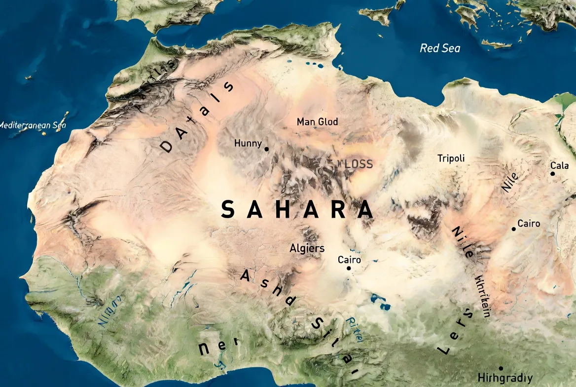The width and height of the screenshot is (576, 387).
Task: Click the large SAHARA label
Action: pyautogui.click(x=297, y=210)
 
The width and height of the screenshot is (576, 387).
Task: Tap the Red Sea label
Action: pyautogui.click(x=440, y=48)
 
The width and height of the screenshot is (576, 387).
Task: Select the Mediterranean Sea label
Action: pyautogui.click(x=32, y=125)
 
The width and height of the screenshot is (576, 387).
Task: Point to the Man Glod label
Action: pyautogui.click(x=317, y=121)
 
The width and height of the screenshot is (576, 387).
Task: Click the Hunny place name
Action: pyautogui.click(x=248, y=144)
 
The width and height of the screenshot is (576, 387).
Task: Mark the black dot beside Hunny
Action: pyautogui.click(x=267, y=149)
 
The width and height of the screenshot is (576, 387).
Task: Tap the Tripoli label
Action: pyautogui.click(x=451, y=158)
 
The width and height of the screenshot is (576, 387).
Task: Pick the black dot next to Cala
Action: pyautogui.click(x=552, y=173)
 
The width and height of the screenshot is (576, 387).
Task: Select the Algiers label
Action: pyautogui.click(x=307, y=248)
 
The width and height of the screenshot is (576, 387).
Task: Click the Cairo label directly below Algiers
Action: pyautogui.click(x=349, y=260)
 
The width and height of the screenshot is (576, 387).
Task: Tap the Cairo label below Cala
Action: pyautogui.click(x=529, y=224)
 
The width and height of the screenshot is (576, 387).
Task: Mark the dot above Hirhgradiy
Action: pyautogui.click(x=501, y=368)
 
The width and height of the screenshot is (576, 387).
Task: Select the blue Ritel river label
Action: pyautogui.click(x=355, y=329)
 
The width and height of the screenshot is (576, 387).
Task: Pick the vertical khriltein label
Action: pyautogui.click(x=481, y=296)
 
